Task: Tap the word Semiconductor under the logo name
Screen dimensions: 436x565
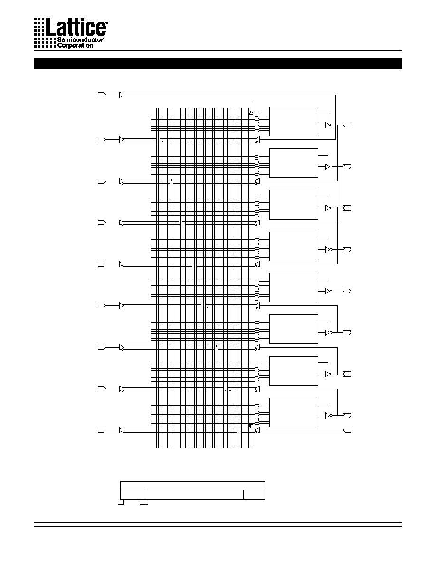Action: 80,39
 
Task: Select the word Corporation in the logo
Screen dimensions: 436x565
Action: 75,45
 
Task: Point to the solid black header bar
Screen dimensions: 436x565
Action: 218,63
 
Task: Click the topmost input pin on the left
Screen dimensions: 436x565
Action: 102,95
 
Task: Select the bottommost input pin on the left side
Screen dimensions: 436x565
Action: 102,430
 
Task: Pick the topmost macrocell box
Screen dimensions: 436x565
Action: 294,122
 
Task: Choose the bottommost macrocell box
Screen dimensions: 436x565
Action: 294,412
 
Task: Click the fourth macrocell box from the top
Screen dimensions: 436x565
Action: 294,246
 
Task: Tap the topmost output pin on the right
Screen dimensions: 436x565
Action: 347,125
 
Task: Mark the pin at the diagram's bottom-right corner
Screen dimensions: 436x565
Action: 348,430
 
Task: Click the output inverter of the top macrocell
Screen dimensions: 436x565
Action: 329,125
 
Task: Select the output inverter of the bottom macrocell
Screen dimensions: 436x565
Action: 329,416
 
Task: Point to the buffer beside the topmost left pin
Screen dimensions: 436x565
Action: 121,95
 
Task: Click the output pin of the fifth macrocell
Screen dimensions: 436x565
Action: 347,291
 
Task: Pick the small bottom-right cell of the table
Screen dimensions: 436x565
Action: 255,495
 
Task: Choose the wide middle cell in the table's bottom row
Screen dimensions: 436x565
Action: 194,495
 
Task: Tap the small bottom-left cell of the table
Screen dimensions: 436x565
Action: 133,495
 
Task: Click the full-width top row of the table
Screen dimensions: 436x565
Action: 193,486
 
